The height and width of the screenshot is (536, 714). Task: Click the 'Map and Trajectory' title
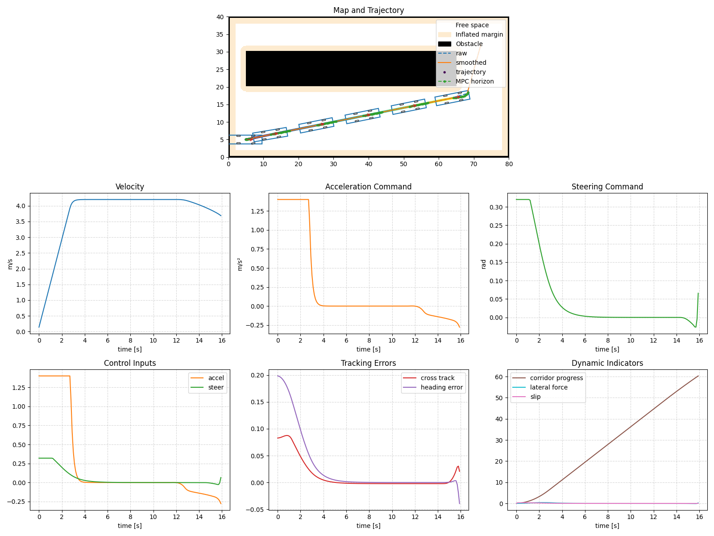coord(368,10)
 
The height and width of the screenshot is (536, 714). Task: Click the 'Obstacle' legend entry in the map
coord(469,44)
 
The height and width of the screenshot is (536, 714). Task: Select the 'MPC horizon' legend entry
coord(474,81)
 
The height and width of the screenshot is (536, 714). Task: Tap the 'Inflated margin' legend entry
coord(479,34)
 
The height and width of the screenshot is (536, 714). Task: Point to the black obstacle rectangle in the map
coord(339,68)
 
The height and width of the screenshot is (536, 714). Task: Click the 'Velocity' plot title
coord(129,187)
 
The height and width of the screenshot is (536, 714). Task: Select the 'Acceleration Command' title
coord(368,187)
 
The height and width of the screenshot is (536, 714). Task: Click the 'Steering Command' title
coord(607,187)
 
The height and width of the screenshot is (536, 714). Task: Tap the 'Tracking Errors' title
coord(368,363)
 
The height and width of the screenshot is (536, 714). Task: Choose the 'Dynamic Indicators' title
coord(607,363)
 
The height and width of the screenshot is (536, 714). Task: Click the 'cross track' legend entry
coord(437,378)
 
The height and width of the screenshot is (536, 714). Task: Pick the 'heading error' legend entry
coord(441,387)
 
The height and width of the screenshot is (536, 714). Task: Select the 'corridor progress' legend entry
coord(556,378)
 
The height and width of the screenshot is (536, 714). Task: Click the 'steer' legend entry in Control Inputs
coord(216,387)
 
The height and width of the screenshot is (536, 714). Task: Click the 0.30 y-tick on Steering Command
coord(498,207)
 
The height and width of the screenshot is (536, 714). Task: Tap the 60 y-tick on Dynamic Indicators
coord(499,377)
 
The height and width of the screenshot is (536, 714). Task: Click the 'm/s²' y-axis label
coord(240,264)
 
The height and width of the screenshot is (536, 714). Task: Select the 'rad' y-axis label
coord(483,264)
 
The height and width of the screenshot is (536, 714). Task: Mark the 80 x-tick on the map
coord(509,164)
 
